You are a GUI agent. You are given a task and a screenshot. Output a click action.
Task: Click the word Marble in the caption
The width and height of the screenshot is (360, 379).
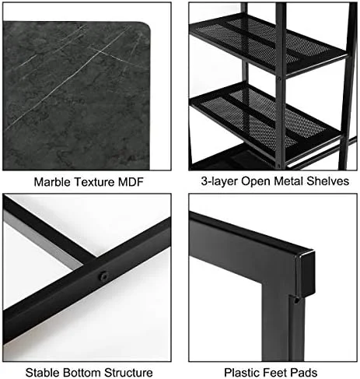tap(51, 184)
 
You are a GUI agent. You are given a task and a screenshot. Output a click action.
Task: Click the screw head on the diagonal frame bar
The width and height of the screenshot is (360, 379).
tap(103, 275)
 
